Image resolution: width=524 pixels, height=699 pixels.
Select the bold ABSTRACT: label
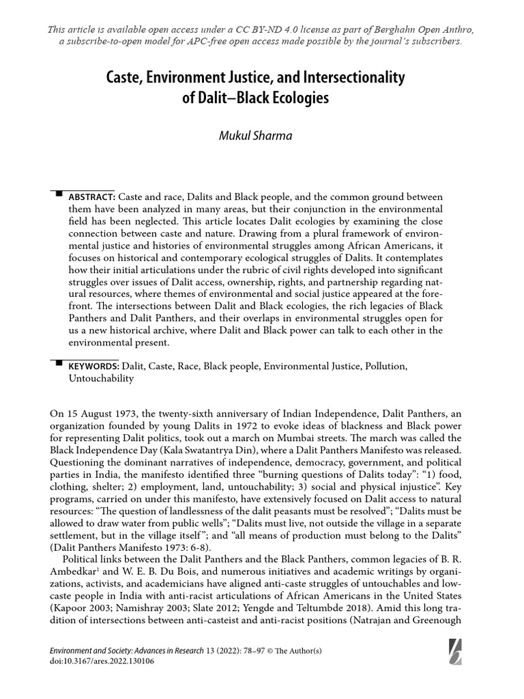pyautogui.click(x=91, y=197)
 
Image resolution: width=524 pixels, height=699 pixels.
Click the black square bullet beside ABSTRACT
pyautogui.click(x=58, y=194)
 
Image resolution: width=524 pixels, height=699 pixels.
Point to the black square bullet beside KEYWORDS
pyautogui.click(x=58, y=364)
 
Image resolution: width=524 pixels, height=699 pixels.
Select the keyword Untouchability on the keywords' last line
pyautogui.click(x=100, y=378)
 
